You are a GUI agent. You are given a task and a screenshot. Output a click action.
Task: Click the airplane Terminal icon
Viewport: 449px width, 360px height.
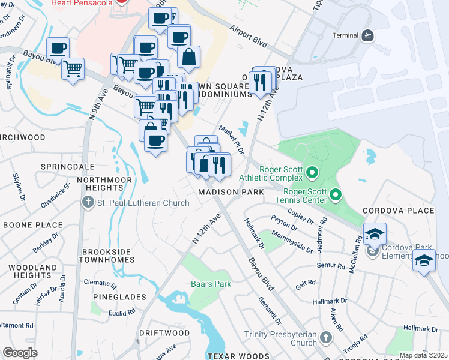[x=367, y=35]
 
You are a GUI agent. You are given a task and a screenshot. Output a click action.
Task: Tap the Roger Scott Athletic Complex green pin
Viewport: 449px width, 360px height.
[x=312, y=174]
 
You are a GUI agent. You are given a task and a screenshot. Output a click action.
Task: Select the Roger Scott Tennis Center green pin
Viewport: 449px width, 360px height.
[x=336, y=194]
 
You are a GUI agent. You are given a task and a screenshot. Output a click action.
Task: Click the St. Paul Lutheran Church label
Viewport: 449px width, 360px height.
[x=143, y=203]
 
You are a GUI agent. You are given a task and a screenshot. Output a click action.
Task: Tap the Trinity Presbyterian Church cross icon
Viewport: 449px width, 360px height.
[x=326, y=337]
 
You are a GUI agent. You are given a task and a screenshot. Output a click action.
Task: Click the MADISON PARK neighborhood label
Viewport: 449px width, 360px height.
[x=231, y=192]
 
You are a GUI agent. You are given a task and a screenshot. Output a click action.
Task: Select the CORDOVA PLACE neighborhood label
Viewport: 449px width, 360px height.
[x=397, y=211]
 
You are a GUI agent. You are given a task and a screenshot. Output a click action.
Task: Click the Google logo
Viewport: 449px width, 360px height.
[x=20, y=353]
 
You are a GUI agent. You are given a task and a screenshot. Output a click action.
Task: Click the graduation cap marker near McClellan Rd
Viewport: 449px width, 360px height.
[x=374, y=235]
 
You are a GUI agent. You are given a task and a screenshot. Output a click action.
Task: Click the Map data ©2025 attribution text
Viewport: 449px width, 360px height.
[x=423, y=355]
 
